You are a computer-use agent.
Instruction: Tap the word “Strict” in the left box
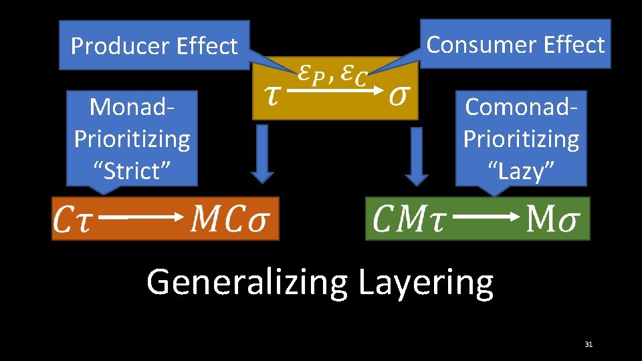(x=131, y=170)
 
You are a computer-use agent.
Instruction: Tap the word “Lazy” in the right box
(x=521, y=170)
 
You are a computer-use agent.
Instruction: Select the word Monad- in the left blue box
(x=132, y=106)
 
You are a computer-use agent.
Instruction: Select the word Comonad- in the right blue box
(x=521, y=106)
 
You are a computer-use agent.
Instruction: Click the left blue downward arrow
(x=262, y=153)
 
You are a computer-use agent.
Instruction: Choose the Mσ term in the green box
(x=552, y=218)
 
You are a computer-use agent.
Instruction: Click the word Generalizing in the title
(x=247, y=282)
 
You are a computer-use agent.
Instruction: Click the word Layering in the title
(x=425, y=282)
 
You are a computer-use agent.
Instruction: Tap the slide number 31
(x=588, y=344)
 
